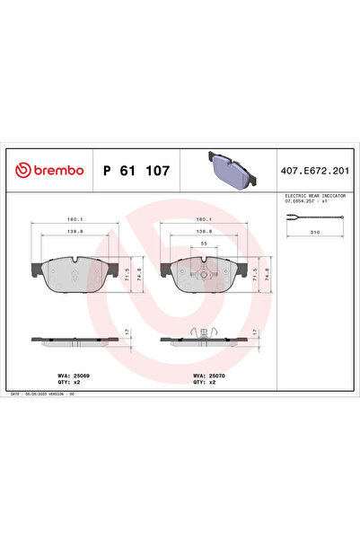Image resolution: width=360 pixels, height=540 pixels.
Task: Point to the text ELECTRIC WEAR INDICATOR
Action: pos(312,195)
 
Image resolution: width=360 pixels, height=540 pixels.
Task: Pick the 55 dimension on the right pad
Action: pos(204,244)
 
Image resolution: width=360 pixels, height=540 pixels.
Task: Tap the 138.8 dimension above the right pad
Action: pos(204,230)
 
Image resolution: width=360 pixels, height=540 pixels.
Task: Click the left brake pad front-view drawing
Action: pos(74,273)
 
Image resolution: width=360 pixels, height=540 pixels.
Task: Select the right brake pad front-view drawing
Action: pos(203,273)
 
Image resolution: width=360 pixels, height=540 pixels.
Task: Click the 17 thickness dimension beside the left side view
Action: pos(127,332)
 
